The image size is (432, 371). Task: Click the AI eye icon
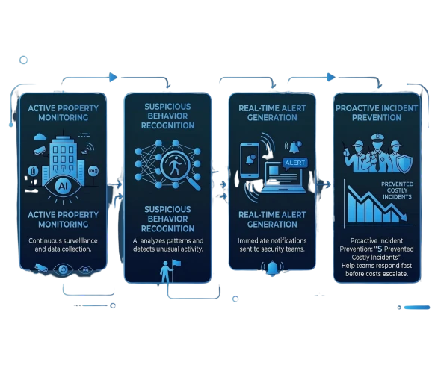click(x=63, y=187)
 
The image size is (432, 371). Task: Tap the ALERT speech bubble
click(x=294, y=163)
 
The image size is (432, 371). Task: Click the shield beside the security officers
click(x=404, y=163)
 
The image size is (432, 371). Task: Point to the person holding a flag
click(x=168, y=272)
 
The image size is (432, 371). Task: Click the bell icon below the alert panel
click(x=272, y=268)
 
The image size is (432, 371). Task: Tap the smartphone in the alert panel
click(x=250, y=160)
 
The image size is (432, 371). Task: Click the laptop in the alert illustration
click(x=284, y=178)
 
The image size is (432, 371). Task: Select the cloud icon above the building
click(x=40, y=137)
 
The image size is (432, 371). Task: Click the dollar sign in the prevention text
click(x=380, y=249)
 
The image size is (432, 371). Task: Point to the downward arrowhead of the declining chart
click(x=404, y=217)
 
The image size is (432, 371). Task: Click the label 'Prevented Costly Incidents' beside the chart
click(x=397, y=190)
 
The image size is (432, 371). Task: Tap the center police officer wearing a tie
click(x=376, y=153)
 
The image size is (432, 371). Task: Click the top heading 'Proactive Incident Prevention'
click(x=377, y=113)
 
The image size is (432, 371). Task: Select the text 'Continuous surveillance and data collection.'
click(x=63, y=245)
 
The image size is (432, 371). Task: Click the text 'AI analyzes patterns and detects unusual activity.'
click(x=167, y=245)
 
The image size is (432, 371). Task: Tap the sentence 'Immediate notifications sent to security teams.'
click(x=272, y=245)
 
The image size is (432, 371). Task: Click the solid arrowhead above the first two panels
click(x=113, y=78)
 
